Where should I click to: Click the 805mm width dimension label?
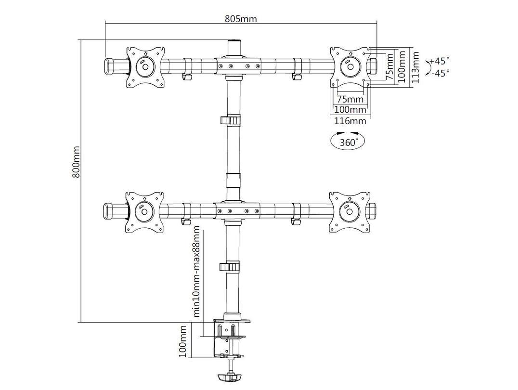(x=241, y=18)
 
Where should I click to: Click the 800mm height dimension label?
(x=77, y=162)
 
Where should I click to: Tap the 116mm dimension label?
(x=350, y=121)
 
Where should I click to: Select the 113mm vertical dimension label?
(x=415, y=67)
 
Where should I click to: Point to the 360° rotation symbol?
(x=348, y=141)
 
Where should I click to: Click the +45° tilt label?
(x=440, y=61)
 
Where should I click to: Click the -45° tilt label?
(x=440, y=73)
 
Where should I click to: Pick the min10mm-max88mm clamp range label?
(x=197, y=272)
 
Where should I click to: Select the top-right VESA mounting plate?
(x=350, y=67)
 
